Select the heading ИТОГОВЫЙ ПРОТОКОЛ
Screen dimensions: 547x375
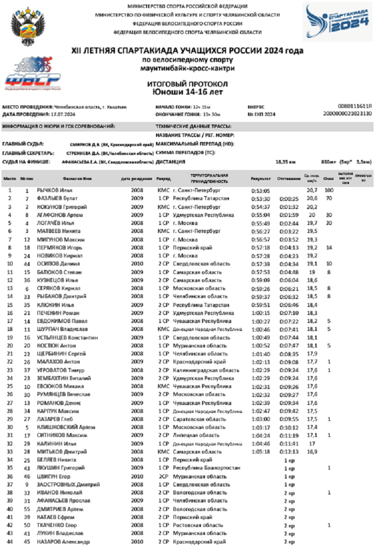[x=187, y=84]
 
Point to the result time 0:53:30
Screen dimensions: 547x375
[x=260, y=198]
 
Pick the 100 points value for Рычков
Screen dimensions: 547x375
[x=328, y=190]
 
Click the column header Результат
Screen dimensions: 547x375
[x=260, y=178]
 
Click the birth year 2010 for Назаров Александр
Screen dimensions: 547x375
[x=137, y=541]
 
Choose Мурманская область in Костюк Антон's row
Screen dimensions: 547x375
[x=196, y=345]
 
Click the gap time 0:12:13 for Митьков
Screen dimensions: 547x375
[x=288, y=451]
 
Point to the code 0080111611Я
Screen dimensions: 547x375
[x=355, y=106]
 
